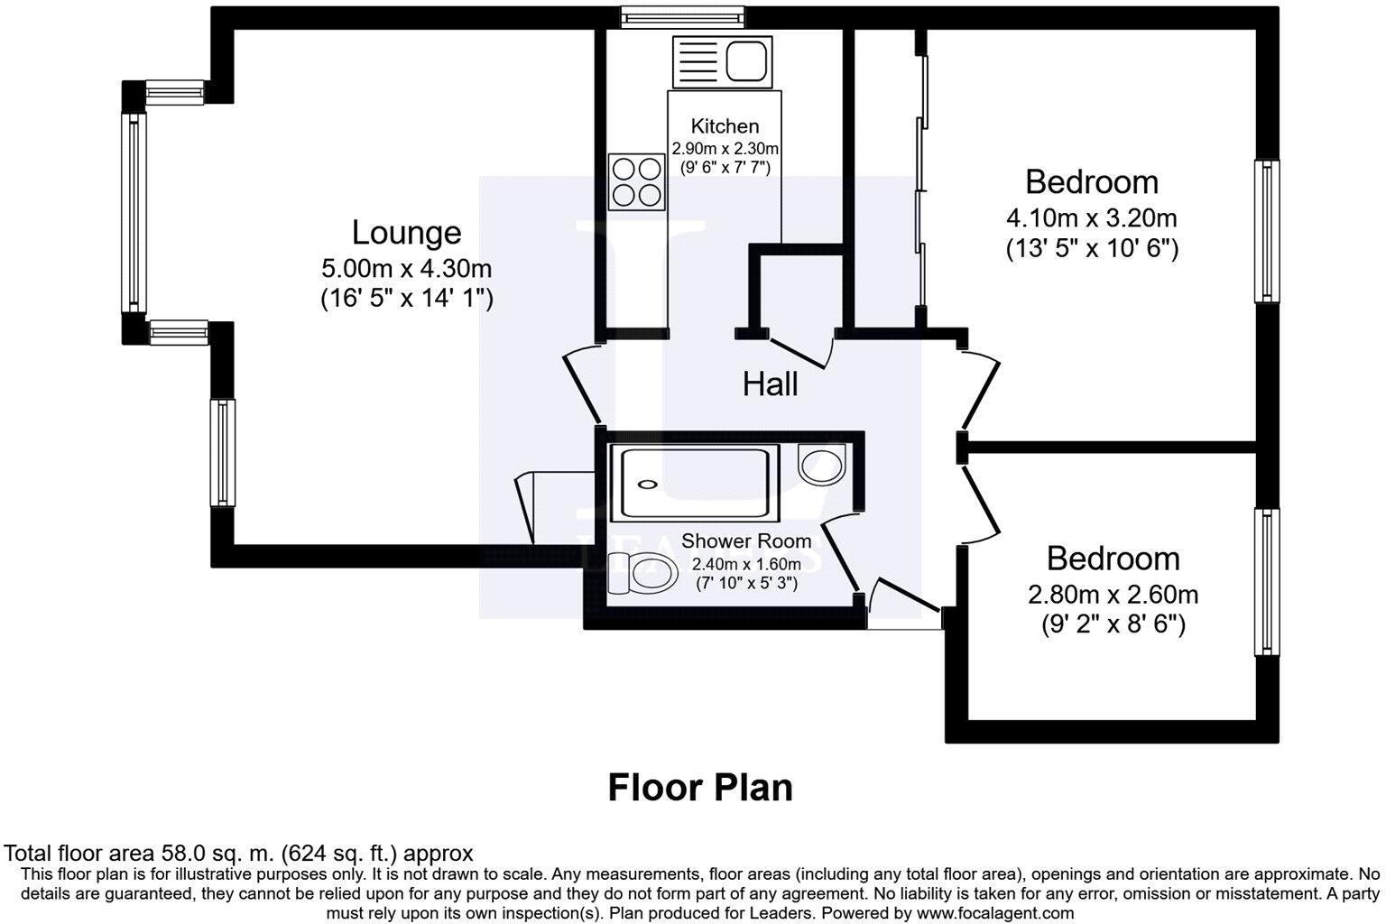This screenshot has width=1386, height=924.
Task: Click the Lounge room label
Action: click(x=406, y=233)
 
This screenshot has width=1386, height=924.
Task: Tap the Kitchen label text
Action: click(x=725, y=126)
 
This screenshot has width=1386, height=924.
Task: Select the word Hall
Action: click(x=770, y=385)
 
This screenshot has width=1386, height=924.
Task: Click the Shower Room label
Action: click(x=745, y=541)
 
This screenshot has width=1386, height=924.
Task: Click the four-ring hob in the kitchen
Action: click(x=636, y=181)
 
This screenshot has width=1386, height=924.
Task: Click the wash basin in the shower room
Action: click(x=821, y=464)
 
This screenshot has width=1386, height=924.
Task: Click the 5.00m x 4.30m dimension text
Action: click(x=406, y=269)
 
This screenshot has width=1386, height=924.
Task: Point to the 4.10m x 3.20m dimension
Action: click(x=1091, y=218)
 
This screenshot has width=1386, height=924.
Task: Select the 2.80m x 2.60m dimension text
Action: click(x=1113, y=595)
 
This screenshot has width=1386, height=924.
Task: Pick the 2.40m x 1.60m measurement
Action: click(x=745, y=564)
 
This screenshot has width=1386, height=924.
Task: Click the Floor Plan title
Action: click(x=700, y=788)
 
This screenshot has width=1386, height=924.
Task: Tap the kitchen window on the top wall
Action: click(x=682, y=16)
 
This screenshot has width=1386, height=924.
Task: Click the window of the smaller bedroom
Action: click(x=1267, y=582)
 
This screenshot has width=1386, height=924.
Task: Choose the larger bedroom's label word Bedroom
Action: click(x=1091, y=182)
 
